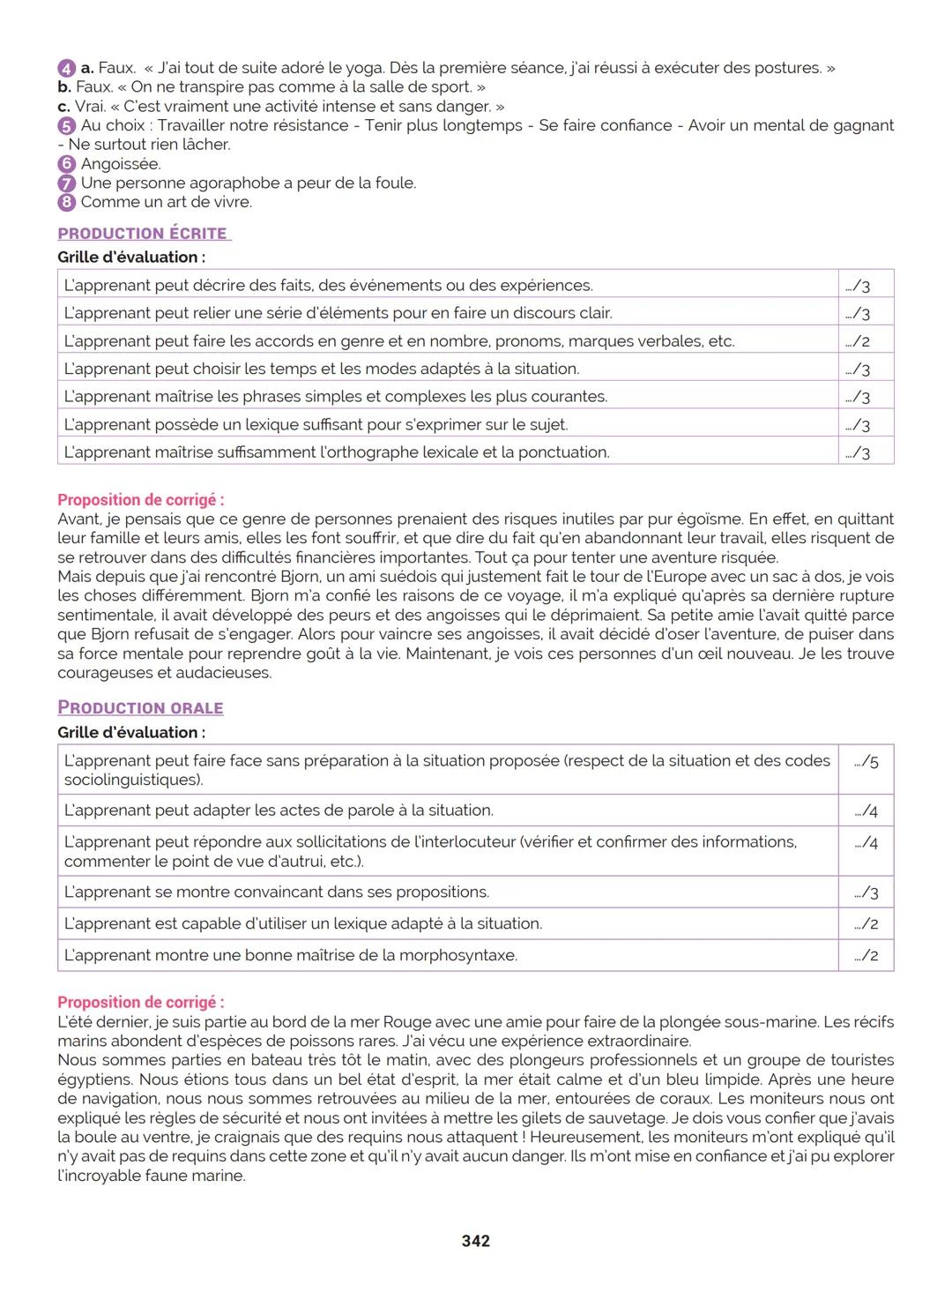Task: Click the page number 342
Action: [x=475, y=1241]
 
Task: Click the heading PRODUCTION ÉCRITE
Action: [x=143, y=234]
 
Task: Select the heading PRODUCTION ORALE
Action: [x=140, y=708]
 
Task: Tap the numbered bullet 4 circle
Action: [x=66, y=68]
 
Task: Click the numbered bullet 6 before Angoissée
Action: [x=66, y=164]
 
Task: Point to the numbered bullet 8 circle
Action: [x=66, y=202]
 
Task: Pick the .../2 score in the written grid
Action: [x=858, y=342]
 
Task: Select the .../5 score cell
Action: [x=866, y=762]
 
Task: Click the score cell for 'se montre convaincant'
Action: [x=866, y=892]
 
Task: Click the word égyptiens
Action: [x=93, y=1080]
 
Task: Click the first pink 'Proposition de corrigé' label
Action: [x=140, y=500]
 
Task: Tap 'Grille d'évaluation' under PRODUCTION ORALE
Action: [x=130, y=733]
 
